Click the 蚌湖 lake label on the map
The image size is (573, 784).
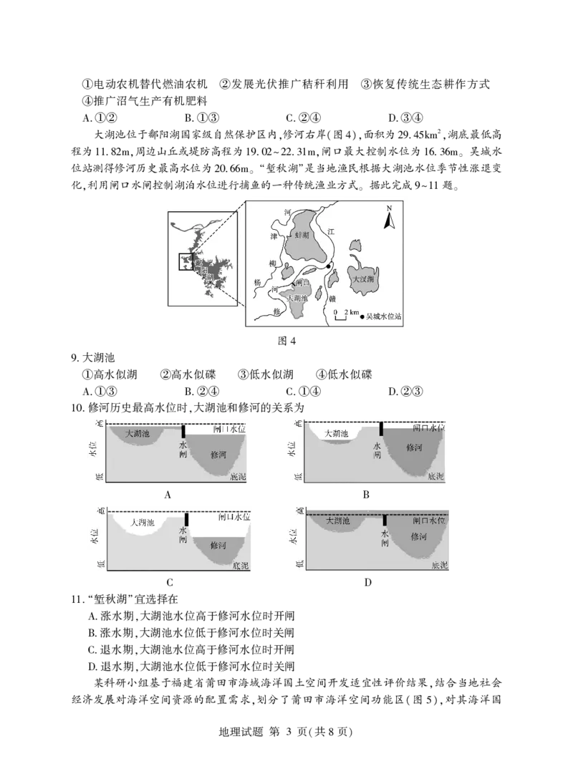click(302, 235)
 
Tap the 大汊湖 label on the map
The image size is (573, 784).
click(364, 279)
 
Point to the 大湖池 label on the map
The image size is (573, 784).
click(298, 298)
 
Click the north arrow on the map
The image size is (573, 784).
click(389, 218)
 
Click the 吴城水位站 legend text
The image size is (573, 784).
click(384, 316)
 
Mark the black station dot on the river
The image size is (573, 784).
click(329, 266)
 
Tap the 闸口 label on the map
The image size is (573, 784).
click(302, 283)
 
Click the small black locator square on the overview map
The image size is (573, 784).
click(186, 262)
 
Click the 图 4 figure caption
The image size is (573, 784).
click(286, 341)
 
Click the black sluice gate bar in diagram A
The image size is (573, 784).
click(183, 432)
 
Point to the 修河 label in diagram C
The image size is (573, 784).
click(218, 545)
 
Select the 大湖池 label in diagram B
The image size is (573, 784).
click(337, 433)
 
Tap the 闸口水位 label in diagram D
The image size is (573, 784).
click(428, 521)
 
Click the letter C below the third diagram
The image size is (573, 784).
click(170, 583)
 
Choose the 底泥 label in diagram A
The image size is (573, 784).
click(238, 477)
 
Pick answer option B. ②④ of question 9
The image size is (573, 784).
click(201, 392)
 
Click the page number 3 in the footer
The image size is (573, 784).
click(288, 732)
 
